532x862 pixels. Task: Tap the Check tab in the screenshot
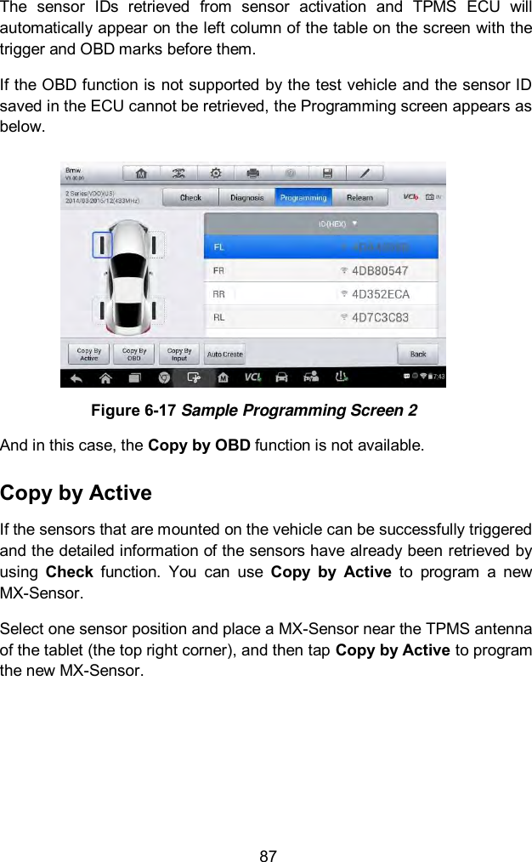(190, 197)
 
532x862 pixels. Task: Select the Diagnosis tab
(246, 197)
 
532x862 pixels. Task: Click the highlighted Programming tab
(303, 197)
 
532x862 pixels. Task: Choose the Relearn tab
(359, 197)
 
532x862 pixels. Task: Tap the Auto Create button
(224, 354)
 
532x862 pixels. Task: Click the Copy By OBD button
(134, 354)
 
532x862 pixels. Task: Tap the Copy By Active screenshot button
(89, 354)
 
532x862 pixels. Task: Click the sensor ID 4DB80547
(380, 270)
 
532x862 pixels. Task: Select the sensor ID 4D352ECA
(381, 294)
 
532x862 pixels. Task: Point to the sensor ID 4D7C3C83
(380, 317)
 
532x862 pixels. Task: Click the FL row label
(219, 247)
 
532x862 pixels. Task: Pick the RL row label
(219, 317)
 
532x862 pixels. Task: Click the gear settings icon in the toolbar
(217, 173)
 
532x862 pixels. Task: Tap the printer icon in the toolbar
(252, 173)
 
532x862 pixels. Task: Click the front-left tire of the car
(103, 246)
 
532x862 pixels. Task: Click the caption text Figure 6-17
(131, 411)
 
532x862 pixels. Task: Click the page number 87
(268, 855)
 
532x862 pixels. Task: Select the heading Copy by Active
(76, 493)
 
